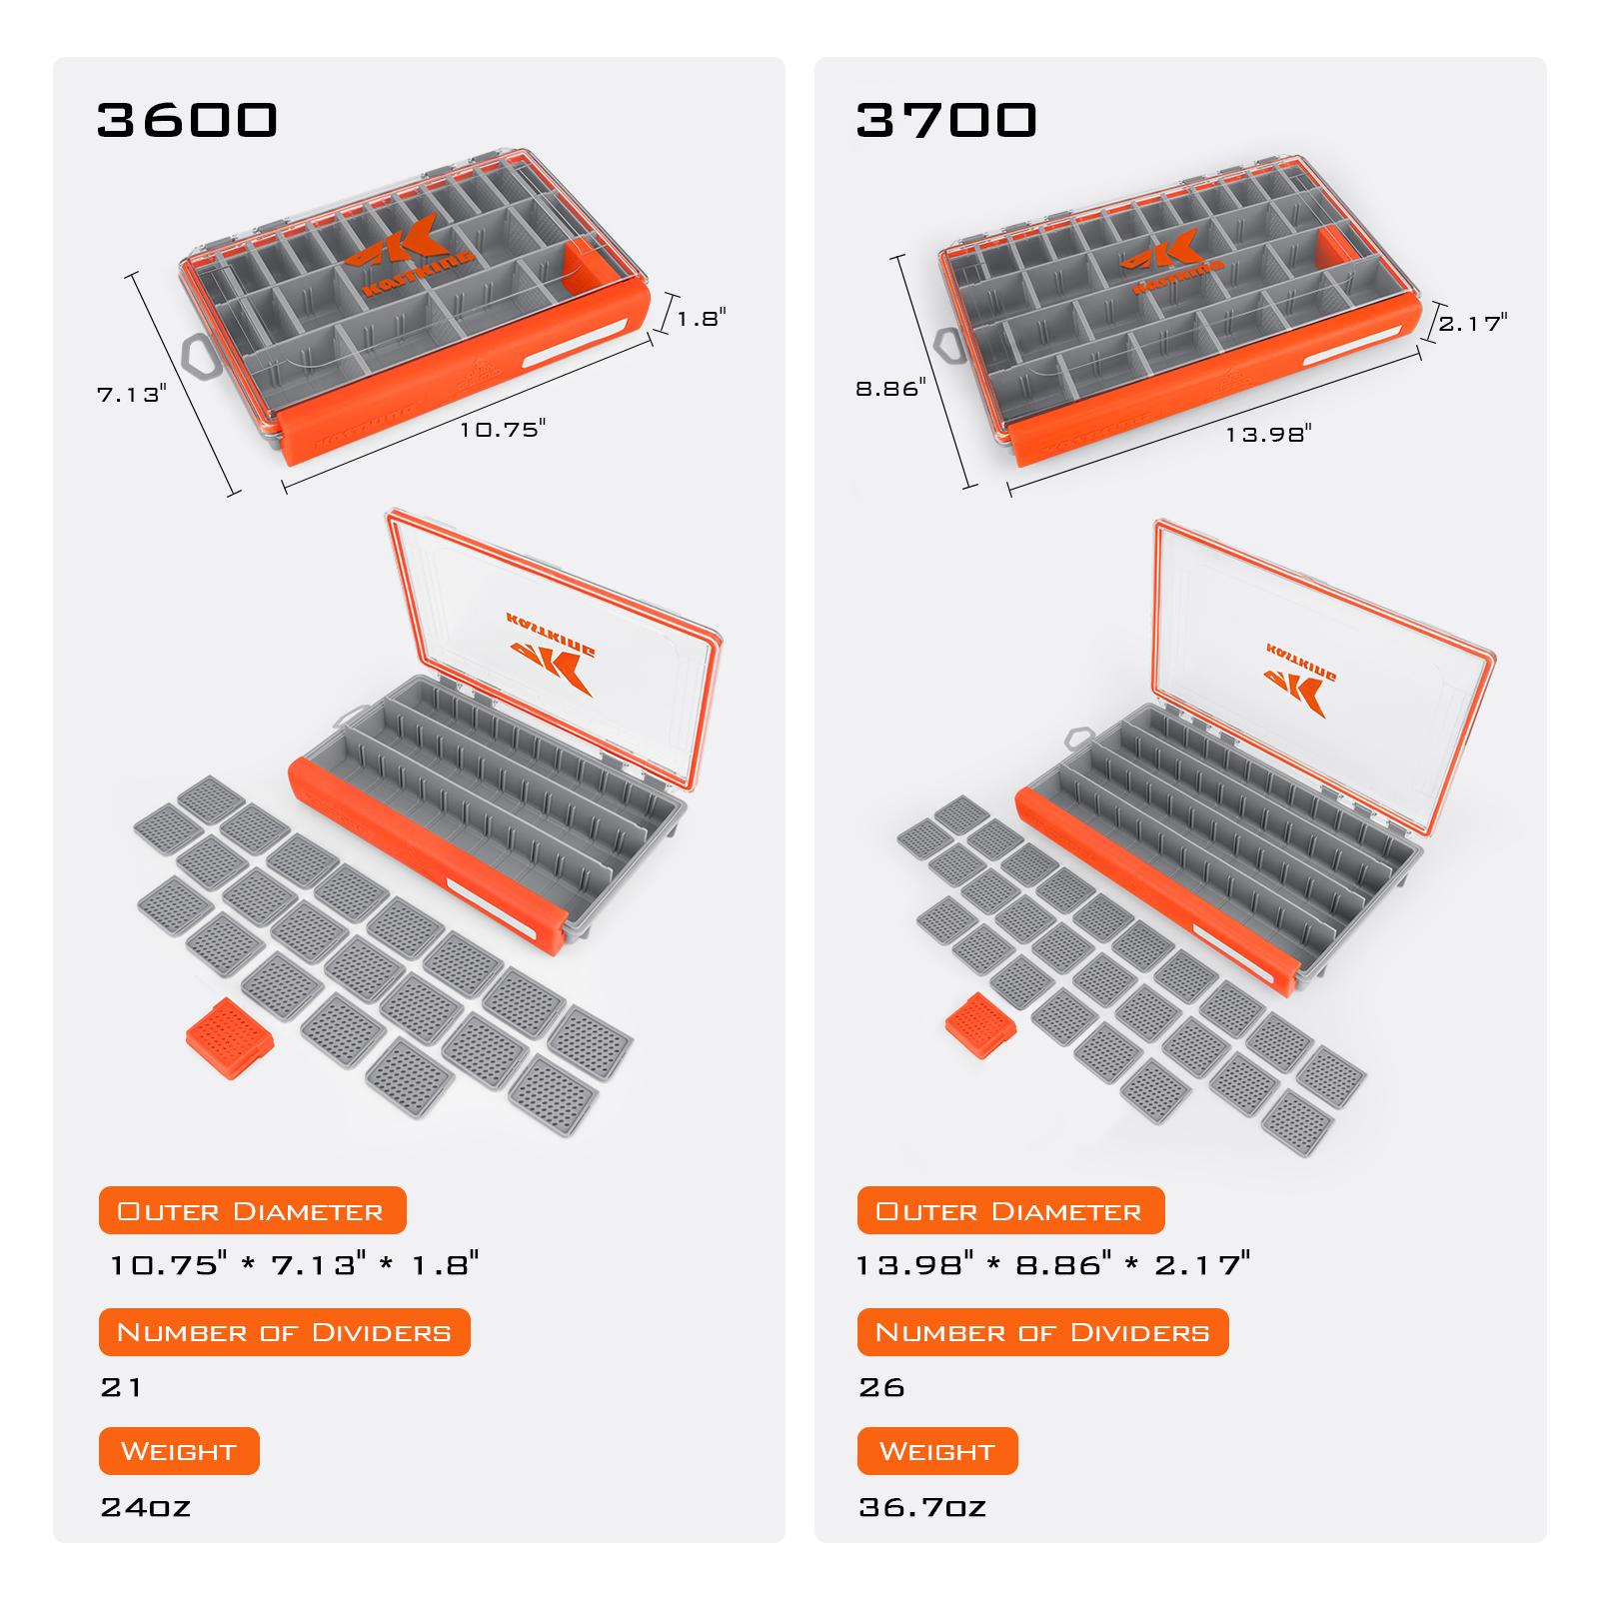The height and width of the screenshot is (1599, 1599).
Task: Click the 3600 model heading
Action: point(187,119)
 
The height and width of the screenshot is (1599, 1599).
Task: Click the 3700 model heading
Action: point(946,119)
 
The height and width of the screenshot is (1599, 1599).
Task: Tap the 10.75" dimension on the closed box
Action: point(503,430)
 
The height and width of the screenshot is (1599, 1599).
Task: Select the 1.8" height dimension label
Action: point(702,319)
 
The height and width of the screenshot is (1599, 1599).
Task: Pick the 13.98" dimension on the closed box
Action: point(1268,434)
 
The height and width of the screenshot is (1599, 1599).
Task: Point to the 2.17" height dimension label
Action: point(1472,323)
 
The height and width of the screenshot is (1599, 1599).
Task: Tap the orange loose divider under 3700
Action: point(981,1025)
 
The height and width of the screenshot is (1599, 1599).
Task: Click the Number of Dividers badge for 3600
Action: point(284,1332)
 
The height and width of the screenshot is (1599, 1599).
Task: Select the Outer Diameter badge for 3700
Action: point(1010,1211)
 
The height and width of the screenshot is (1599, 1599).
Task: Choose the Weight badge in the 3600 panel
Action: point(179,1451)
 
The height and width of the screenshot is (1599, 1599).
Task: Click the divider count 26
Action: point(881,1387)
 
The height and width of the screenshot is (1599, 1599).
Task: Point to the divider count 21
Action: point(121,1387)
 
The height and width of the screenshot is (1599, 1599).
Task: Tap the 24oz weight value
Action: point(146,1507)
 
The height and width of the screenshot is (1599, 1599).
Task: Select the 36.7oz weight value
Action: point(922,1507)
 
